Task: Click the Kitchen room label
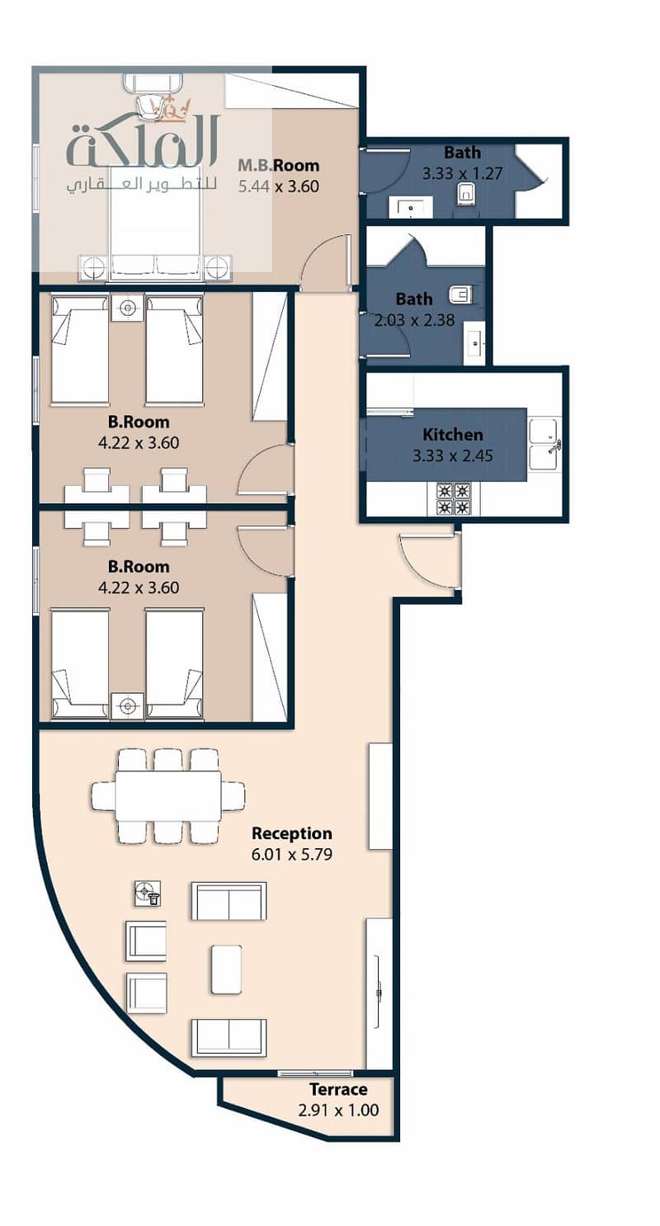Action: point(453,435)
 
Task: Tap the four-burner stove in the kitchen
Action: point(454,498)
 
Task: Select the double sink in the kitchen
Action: point(544,445)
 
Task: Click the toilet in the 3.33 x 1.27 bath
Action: point(466,194)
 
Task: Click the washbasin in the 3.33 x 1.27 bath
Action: point(410,208)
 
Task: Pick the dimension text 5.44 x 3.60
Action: point(279,186)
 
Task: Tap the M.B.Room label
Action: point(279,165)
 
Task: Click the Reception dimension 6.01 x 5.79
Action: point(292,855)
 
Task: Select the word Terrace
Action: point(338,1090)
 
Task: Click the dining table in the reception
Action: point(168,796)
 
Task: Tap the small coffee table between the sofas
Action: point(226,969)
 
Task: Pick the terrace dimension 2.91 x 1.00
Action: point(338,1110)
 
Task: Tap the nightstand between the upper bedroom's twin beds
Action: point(128,308)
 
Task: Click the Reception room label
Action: point(292,833)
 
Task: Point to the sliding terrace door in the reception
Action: point(315,1073)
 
